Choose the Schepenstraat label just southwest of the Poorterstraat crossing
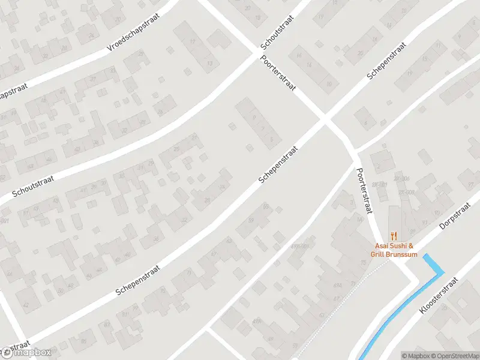pos(278,164)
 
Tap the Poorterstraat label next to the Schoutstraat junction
pos(278,73)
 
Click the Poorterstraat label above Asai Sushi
pos(364,191)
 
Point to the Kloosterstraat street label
pos(439,295)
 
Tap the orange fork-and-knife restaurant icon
pos(394,235)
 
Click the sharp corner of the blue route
pos(443,272)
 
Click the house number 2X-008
pos(406,193)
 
